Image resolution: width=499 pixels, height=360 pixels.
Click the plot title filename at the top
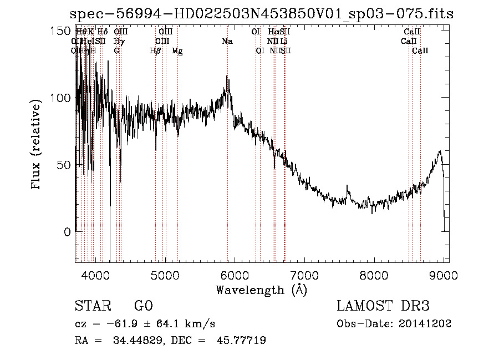pos(263,14)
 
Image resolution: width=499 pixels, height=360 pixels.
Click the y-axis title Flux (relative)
pos(37,145)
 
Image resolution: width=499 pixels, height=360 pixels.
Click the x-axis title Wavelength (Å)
pos(261,290)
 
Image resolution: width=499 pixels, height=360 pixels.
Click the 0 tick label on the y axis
pos(68,232)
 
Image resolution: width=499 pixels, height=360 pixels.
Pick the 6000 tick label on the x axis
pos(235,275)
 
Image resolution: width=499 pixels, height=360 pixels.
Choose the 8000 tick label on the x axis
pos(374,275)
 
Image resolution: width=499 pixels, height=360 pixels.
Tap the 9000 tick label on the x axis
pos(444,275)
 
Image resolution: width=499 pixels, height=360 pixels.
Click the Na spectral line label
pos(227,41)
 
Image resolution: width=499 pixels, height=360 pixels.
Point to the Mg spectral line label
pos(177,51)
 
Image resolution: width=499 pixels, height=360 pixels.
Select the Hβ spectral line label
pos(155,51)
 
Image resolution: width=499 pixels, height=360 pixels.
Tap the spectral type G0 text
pos(144,306)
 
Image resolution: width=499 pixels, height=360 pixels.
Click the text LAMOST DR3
pos(383,306)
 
